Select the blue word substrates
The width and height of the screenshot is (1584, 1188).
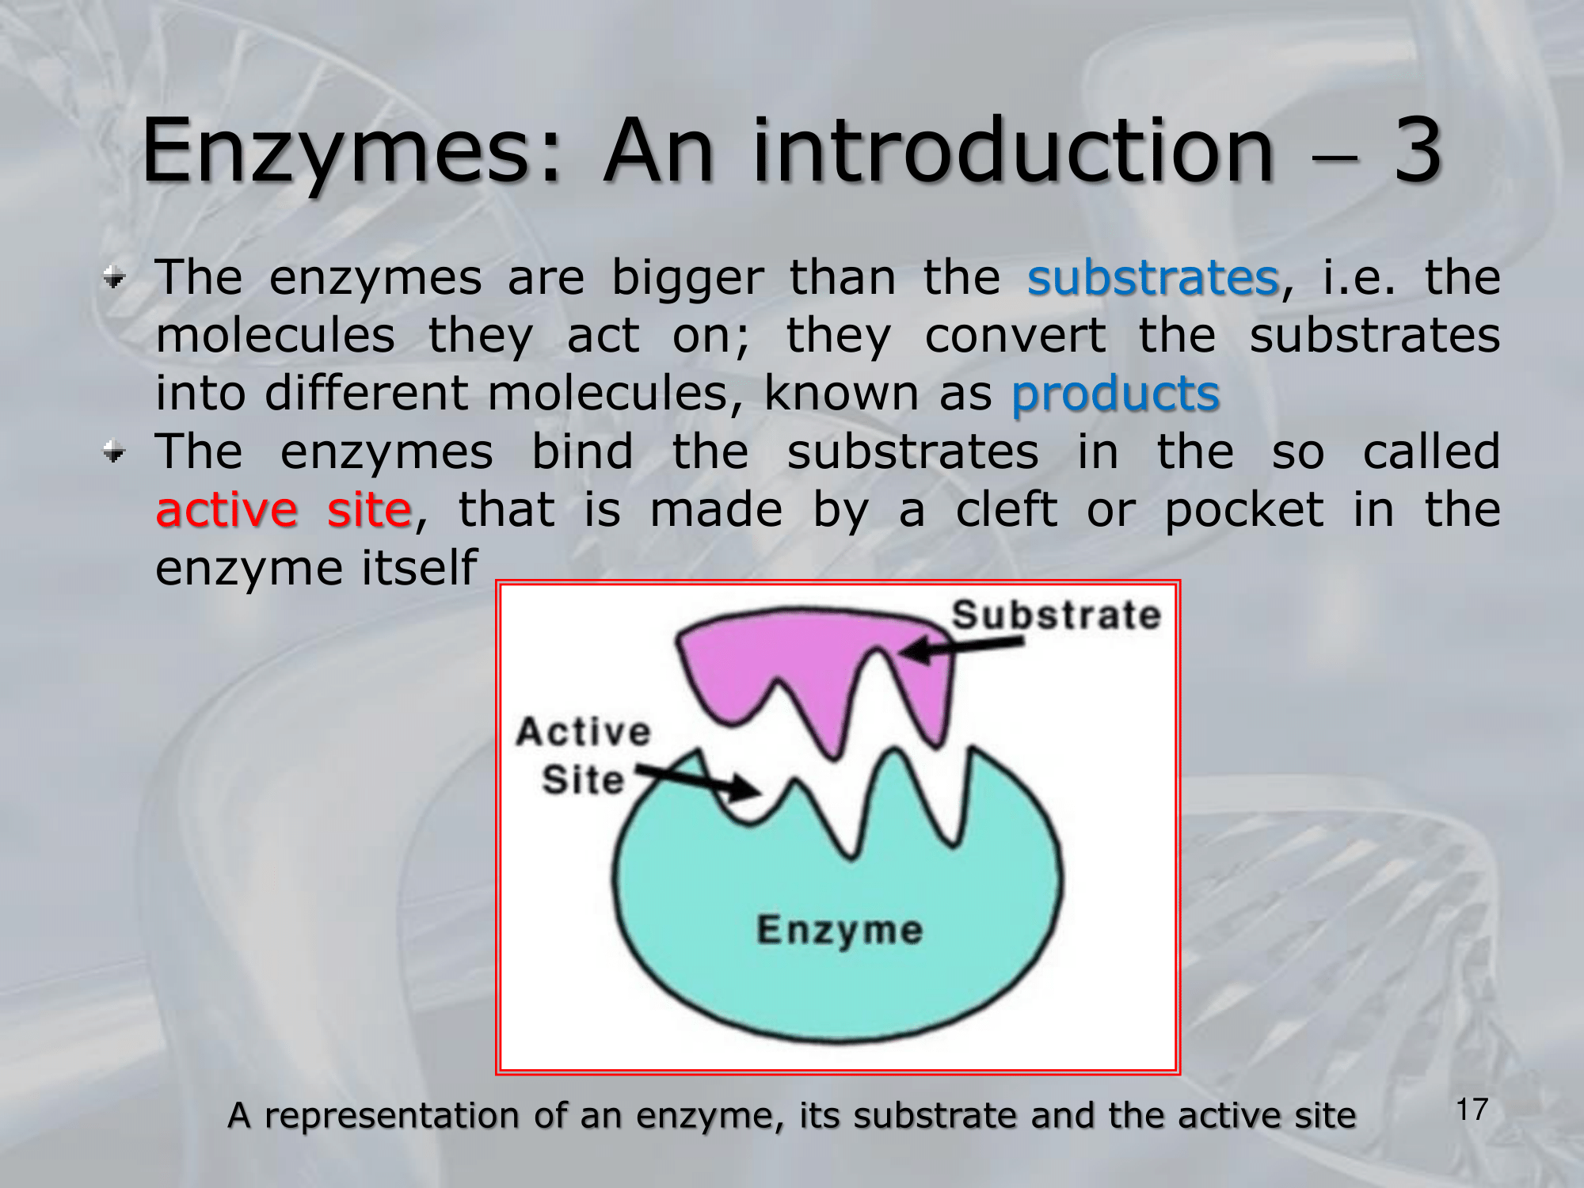tap(1153, 278)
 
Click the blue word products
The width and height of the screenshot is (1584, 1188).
tap(1115, 394)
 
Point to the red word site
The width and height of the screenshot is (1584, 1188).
tap(370, 509)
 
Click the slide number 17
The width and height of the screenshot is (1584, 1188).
tap(1472, 1110)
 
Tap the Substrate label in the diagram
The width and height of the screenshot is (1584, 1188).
tap(1056, 615)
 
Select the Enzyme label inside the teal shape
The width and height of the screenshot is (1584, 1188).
tap(840, 931)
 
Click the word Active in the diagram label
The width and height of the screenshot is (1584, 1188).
tap(584, 731)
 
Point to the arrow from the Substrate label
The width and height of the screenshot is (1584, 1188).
tap(961, 649)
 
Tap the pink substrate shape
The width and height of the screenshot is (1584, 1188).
tap(816, 657)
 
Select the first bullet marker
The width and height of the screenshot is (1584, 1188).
tap(115, 278)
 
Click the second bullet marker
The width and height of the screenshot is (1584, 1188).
tap(115, 452)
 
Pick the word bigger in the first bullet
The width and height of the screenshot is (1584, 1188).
tap(687, 280)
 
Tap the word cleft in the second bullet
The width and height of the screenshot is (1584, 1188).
tap(1006, 509)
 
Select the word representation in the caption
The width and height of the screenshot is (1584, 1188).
tap(392, 1116)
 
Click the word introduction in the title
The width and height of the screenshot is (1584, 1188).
tap(1013, 150)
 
